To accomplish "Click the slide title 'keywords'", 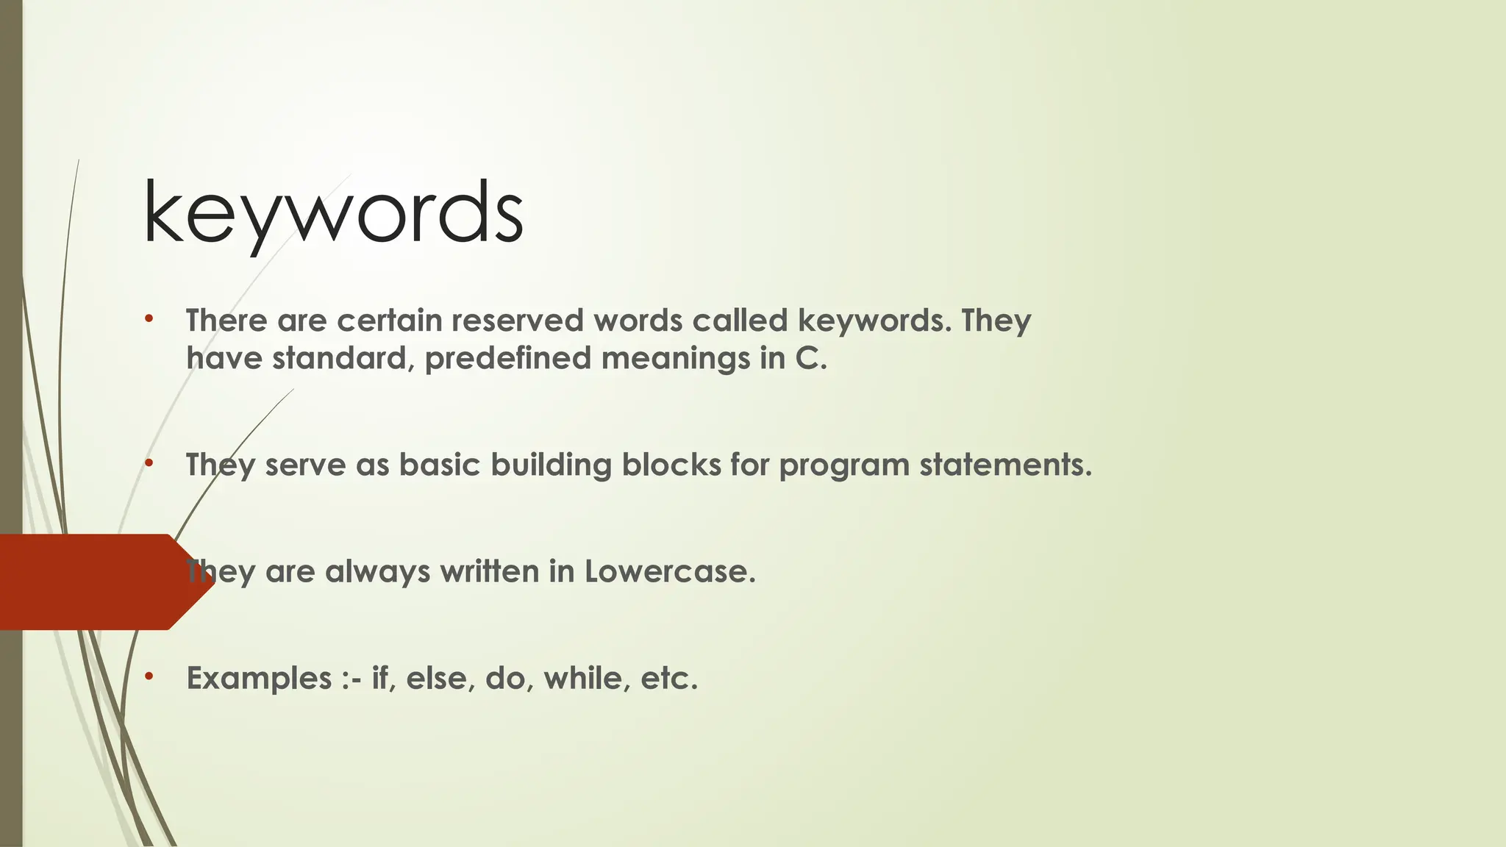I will point(333,213).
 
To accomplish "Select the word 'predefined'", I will point(507,359).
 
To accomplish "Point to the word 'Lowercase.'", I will point(670,571).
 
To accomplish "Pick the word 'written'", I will point(489,571).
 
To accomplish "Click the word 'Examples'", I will point(259,679).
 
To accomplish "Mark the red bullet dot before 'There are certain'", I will point(149,319).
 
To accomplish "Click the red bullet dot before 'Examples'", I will point(149,676).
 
